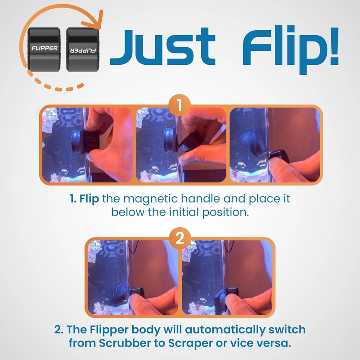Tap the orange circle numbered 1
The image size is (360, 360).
180,107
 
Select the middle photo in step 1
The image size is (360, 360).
180,144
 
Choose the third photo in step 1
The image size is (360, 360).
274,144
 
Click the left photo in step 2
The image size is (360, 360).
133,277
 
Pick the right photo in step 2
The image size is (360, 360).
227,277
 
